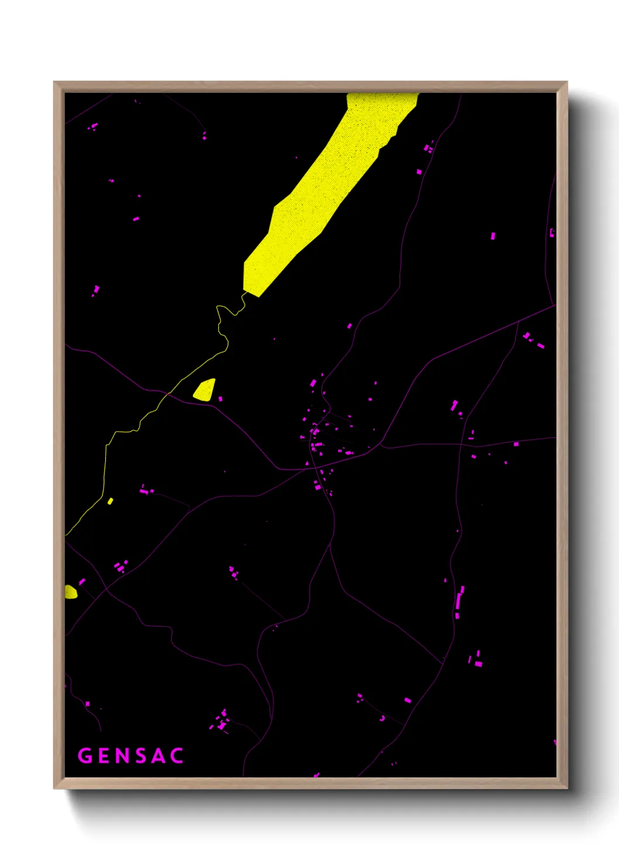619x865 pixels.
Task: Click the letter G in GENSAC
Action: click(85, 756)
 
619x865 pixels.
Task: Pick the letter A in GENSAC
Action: click(159, 756)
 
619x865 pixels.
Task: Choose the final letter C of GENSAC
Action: click(177, 756)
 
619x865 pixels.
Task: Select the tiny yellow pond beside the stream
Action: click(110, 501)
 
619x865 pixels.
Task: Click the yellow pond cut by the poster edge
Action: click(70, 592)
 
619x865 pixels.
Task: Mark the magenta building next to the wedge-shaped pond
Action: click(221, 399)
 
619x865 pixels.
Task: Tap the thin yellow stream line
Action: click(106, 468)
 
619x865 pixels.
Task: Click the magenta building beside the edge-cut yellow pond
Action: click(82, 582)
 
